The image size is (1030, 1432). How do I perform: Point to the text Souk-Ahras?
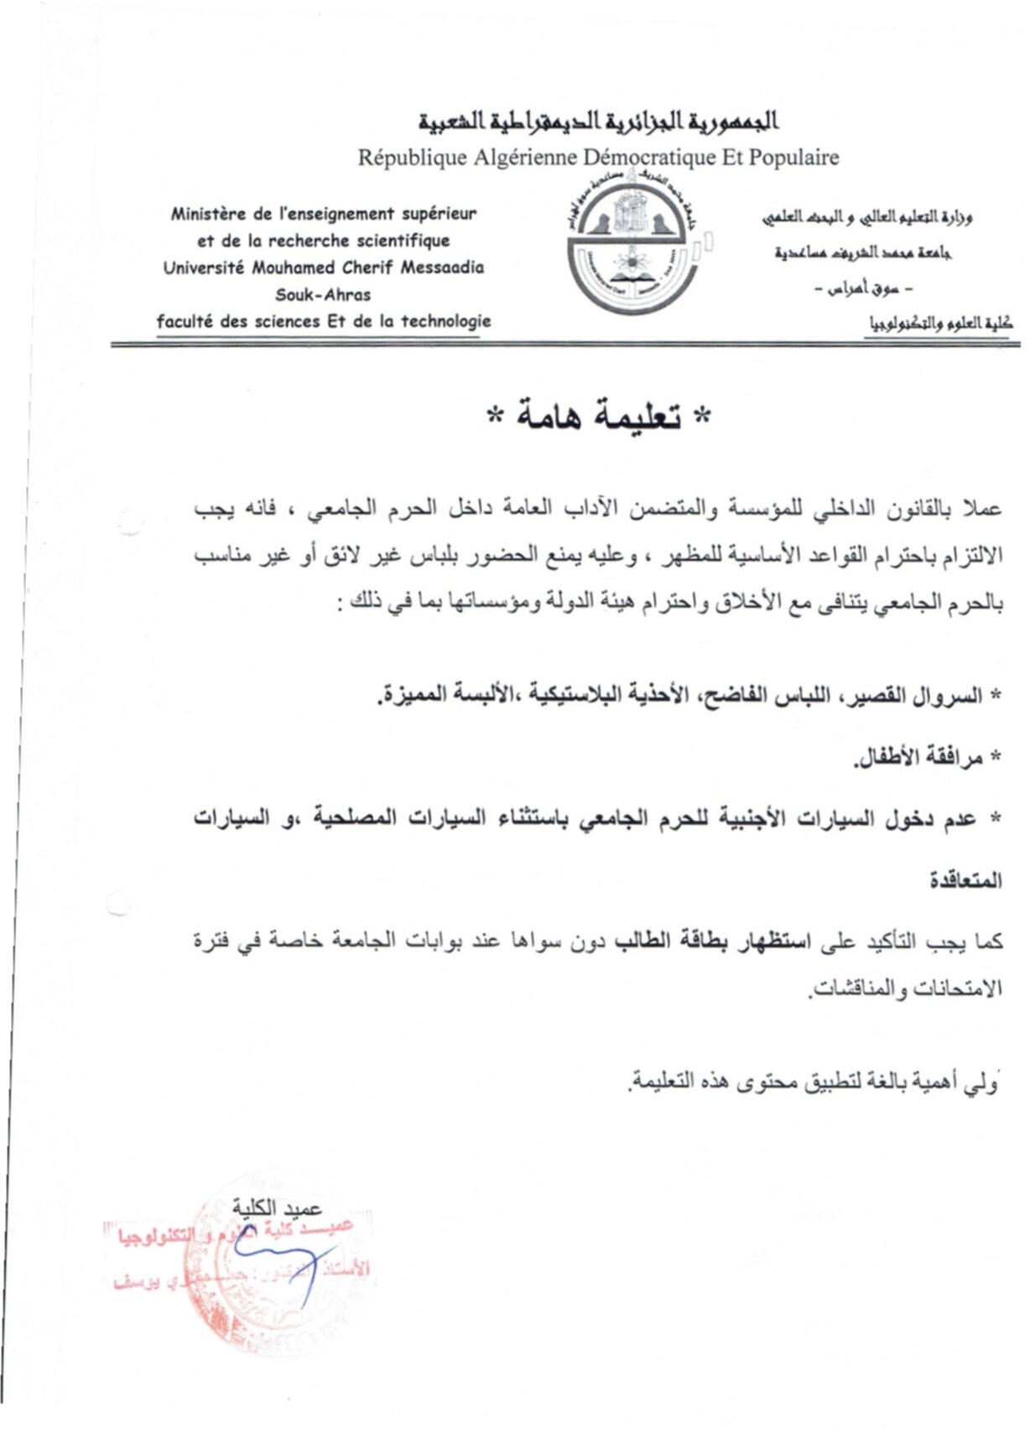pyautogui.click(x=323, y=295)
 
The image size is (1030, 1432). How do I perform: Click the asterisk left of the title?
pyautogui.click(x=497, y=417)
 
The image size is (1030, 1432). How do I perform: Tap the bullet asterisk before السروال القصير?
pyautogui.click(x=996, y=697)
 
